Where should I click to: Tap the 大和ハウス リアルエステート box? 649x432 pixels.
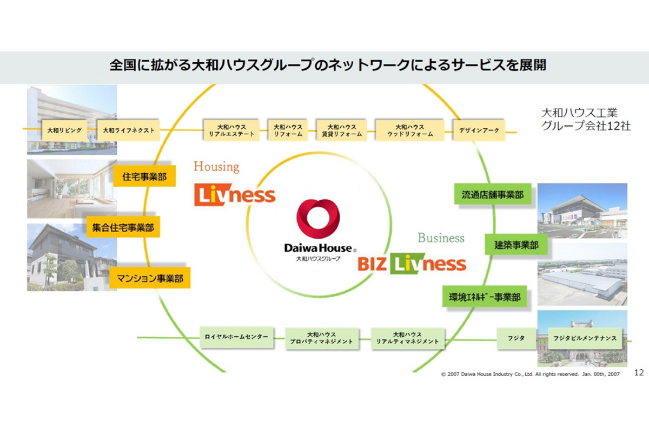tap(231, 130)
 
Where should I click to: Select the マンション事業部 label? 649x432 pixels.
tap(150, 279)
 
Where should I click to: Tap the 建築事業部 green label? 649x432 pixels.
tap(516, 245)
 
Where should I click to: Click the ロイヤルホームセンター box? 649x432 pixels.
tap(236, 337)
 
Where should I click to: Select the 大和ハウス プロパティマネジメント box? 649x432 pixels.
tap(321, 338)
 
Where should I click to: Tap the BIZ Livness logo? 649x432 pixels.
tap(412, 264)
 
